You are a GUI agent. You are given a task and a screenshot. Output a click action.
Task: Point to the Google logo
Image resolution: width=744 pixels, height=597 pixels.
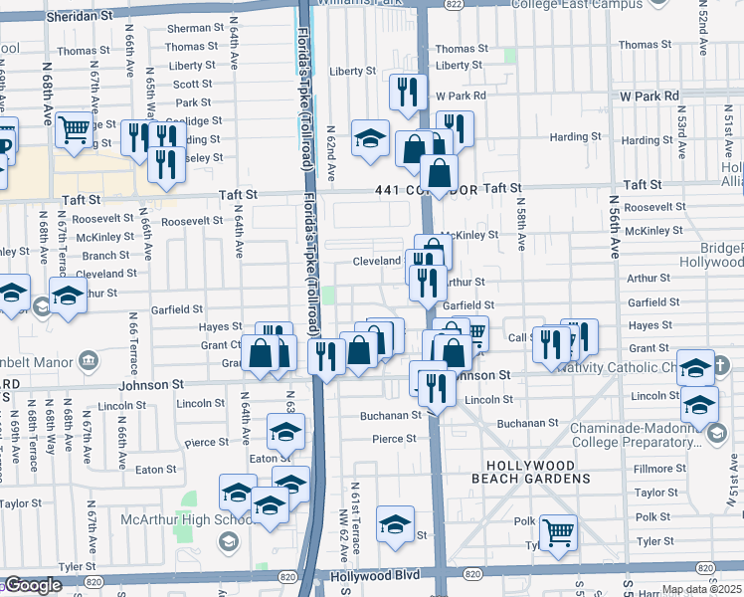33,585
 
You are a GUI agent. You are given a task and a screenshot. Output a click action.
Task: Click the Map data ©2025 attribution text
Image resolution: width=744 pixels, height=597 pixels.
702,589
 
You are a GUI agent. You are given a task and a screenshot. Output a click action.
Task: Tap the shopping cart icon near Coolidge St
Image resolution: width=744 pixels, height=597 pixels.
74,129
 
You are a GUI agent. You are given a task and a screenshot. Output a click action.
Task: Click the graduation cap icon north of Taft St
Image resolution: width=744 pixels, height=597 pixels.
370,137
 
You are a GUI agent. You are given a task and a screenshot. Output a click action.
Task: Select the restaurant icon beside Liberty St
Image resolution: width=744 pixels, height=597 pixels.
408,92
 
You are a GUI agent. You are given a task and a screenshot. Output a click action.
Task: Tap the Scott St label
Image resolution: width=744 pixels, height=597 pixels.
192,85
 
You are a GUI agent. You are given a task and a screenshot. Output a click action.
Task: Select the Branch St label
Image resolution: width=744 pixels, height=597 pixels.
109,256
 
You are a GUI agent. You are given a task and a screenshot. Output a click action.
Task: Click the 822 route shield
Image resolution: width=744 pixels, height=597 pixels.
453,5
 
